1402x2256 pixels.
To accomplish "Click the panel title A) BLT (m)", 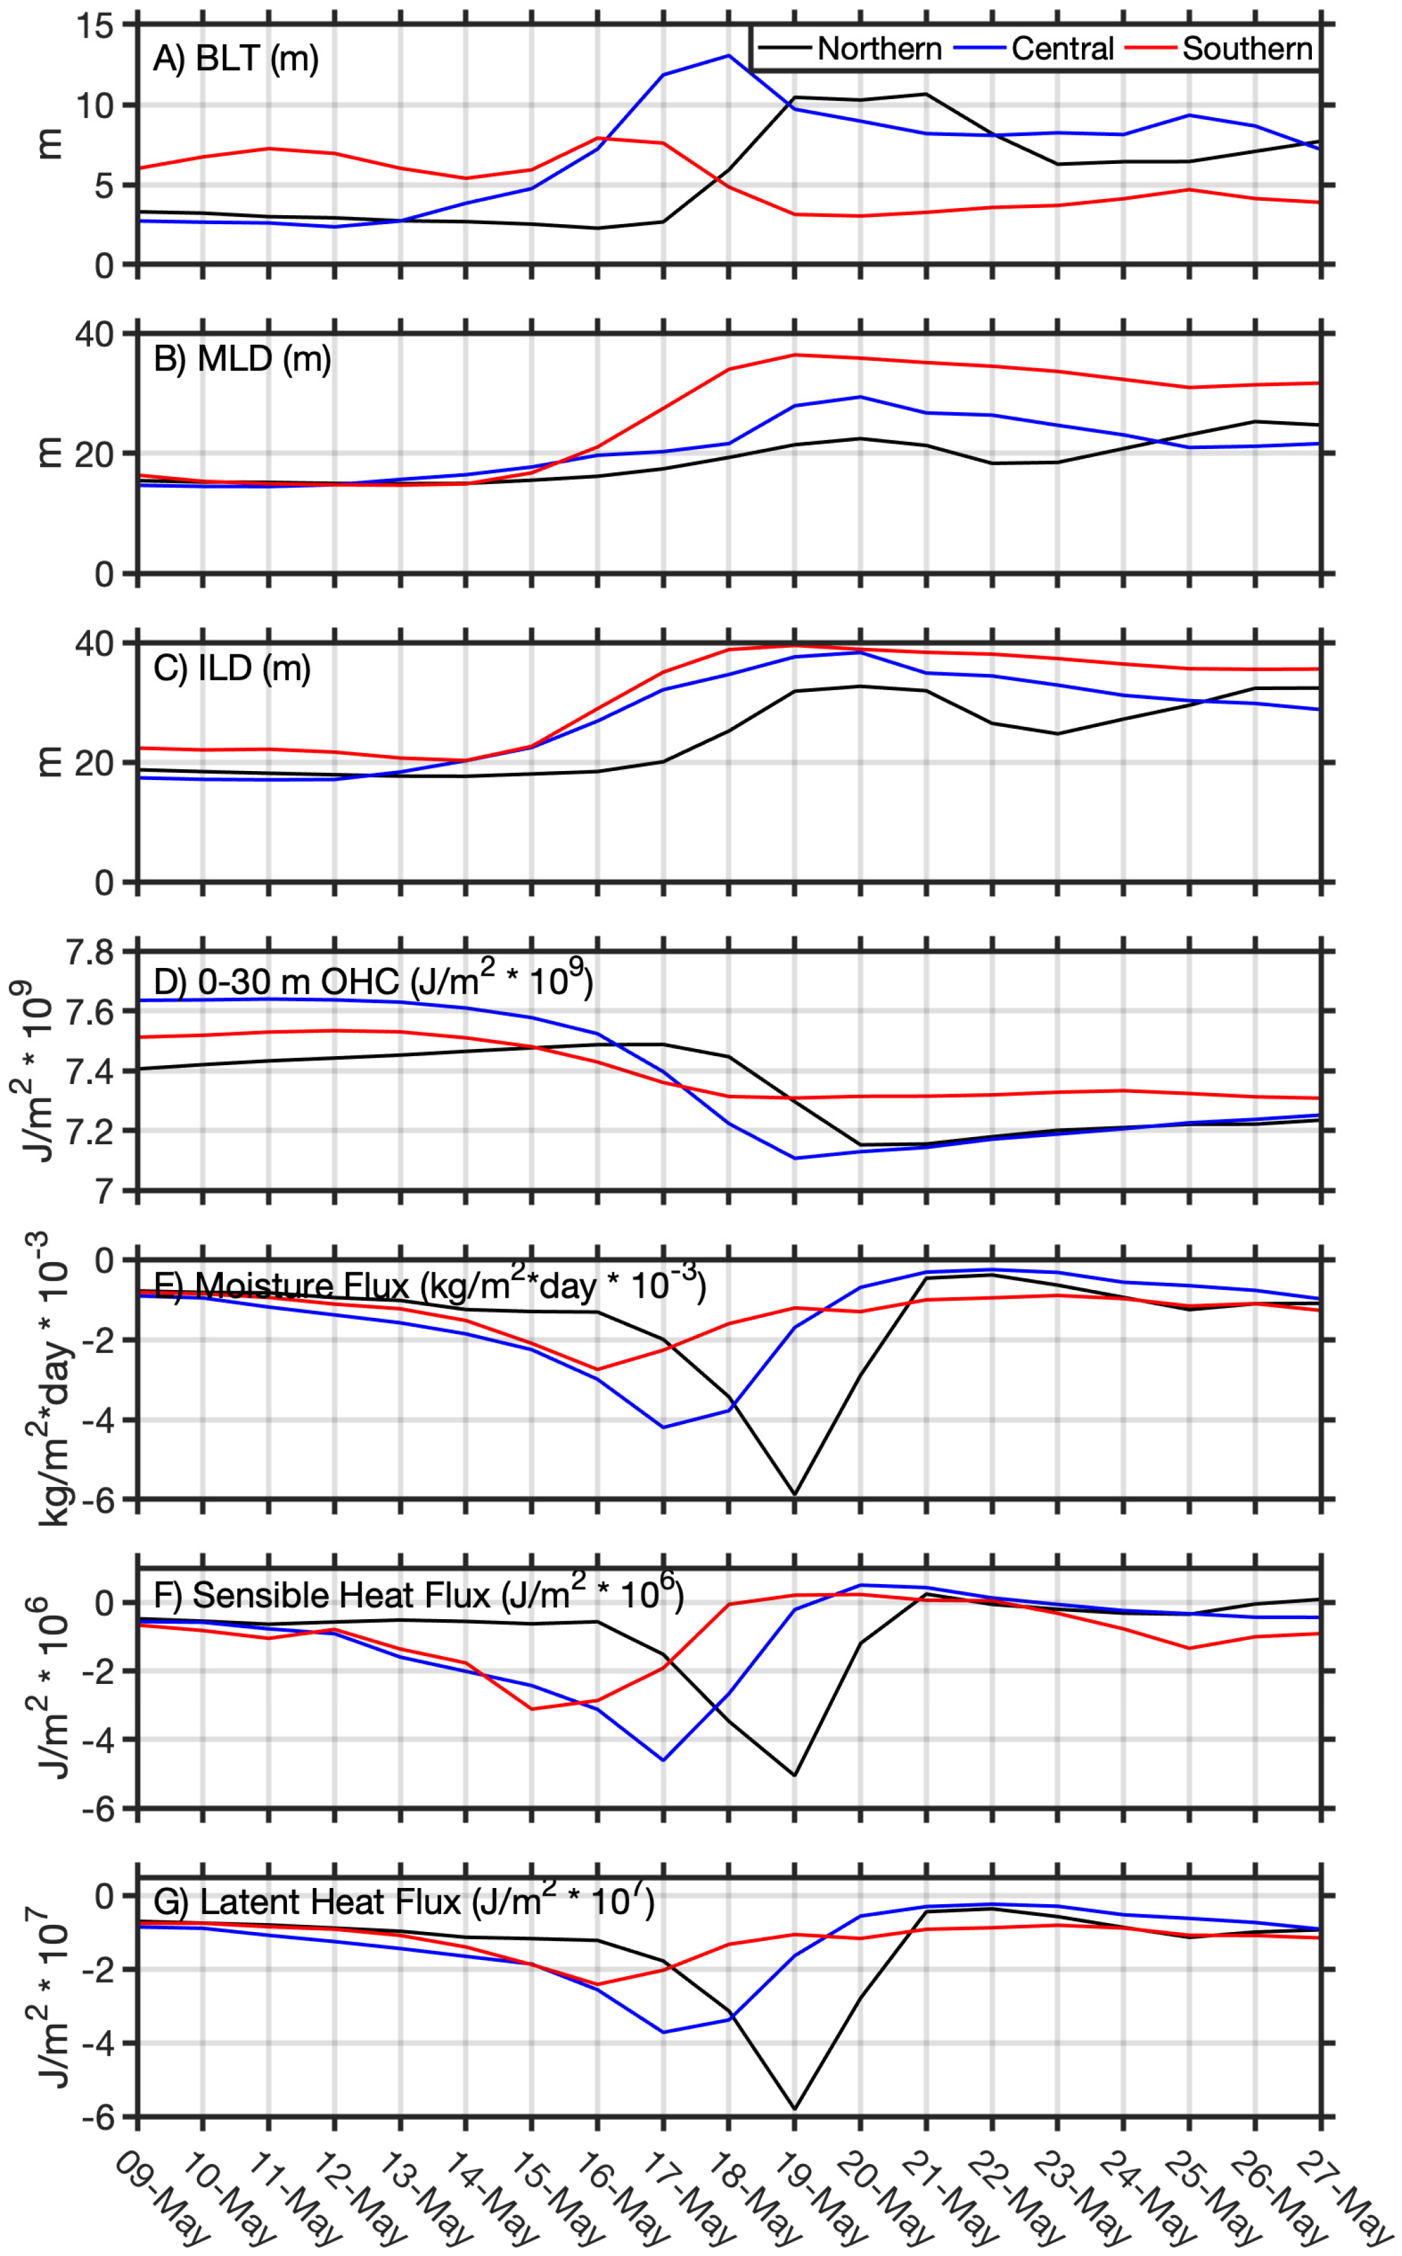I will pos(236,58).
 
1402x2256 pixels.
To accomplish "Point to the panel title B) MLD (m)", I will pos(242,359).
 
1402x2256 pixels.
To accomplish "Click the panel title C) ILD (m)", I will pos(232,667).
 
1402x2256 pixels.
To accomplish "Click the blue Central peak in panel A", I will pos(728,56).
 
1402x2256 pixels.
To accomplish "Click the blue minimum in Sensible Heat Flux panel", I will pos(663,1760).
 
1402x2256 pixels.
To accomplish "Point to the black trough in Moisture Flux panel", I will pos(794,1494).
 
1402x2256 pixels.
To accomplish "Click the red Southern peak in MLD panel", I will pos(794,354).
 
